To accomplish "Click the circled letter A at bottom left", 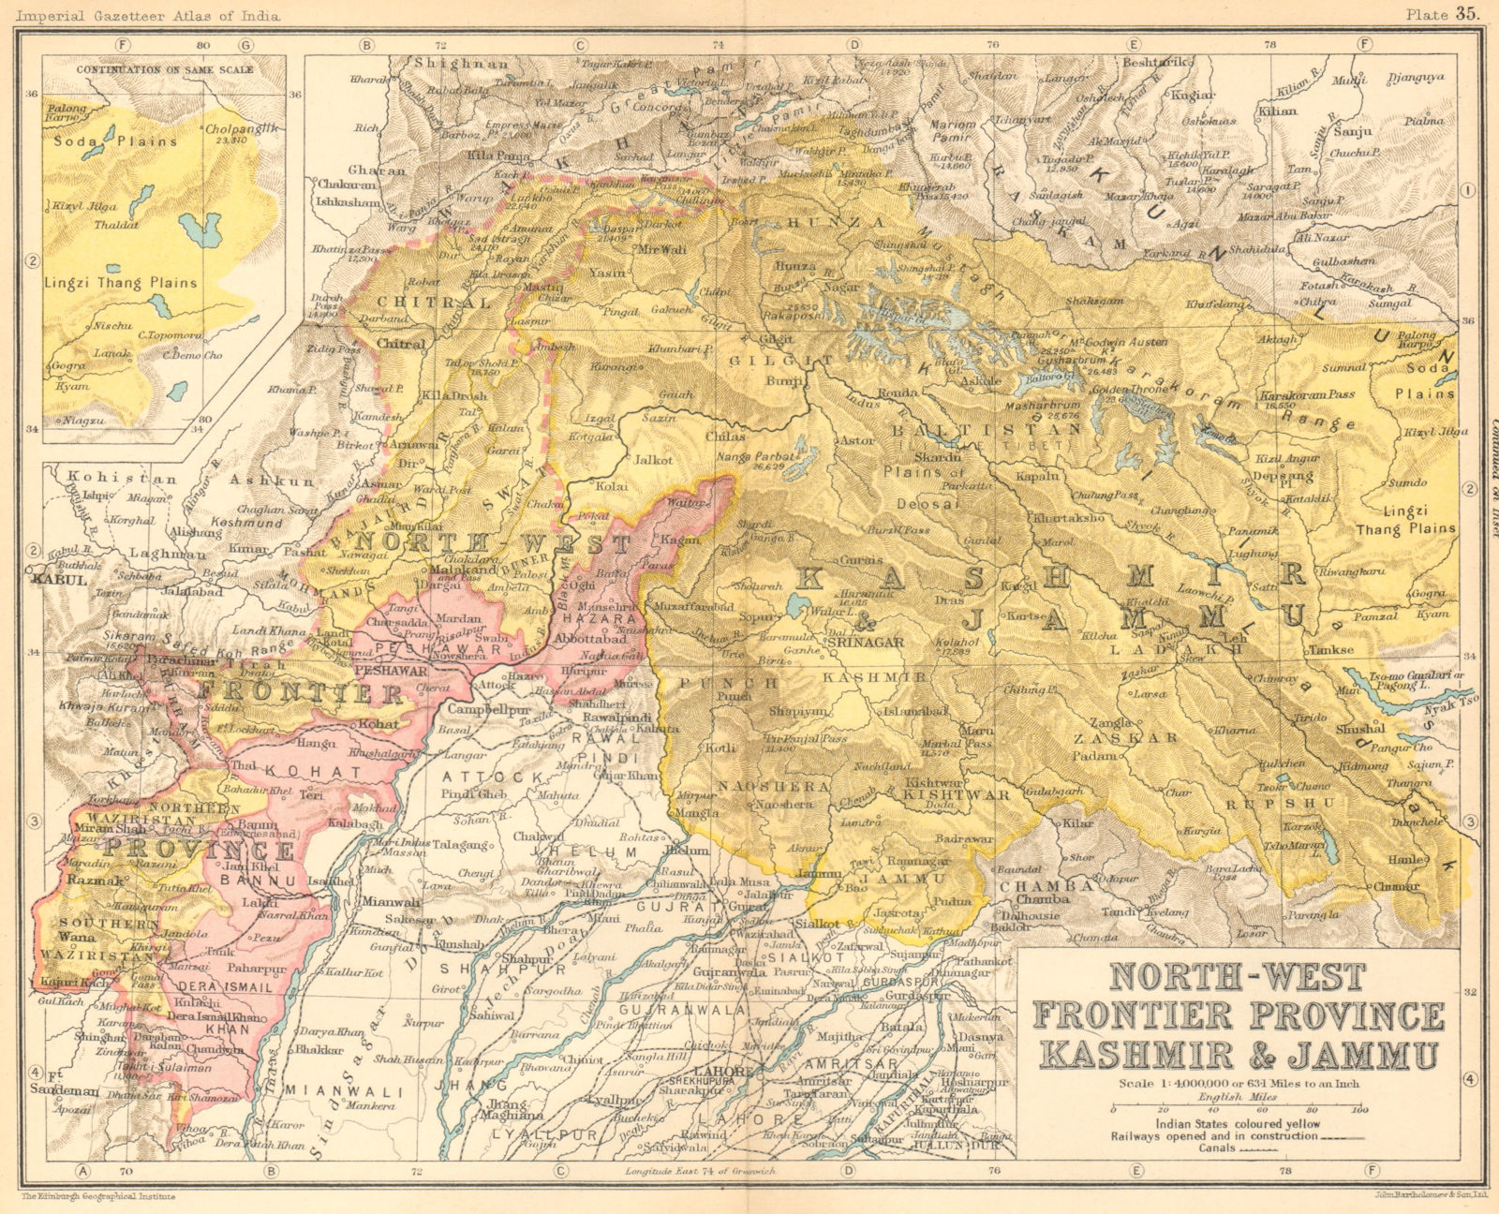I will (82, 1170).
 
